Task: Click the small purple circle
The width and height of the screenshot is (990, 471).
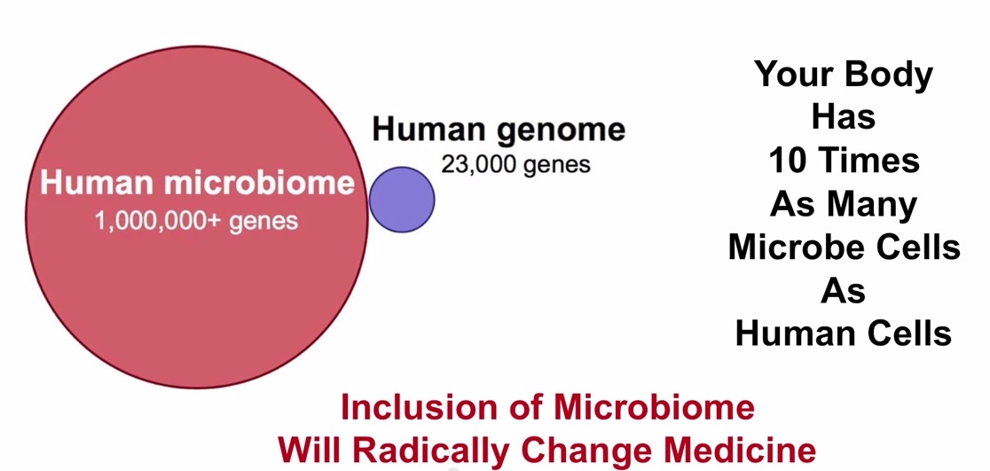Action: coord(402,200)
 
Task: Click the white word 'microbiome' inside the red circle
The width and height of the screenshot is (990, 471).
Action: coord(260,183)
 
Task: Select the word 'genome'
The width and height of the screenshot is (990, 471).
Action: coord(561,130)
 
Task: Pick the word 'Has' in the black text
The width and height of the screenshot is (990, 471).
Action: coord(844,117)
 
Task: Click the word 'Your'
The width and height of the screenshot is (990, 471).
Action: coord(792,74)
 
